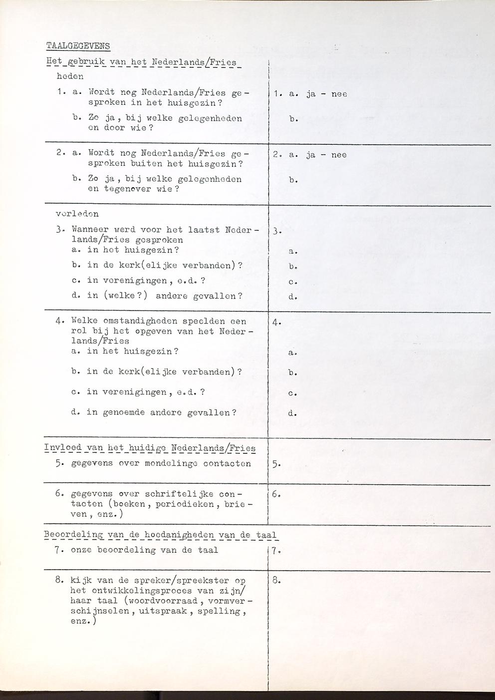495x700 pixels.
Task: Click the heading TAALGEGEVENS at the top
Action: pos(78,46)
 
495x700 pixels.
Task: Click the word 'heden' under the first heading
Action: pos(70,77)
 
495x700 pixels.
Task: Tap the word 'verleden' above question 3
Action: pos(77,214)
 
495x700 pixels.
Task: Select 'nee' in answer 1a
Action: pos(339,93)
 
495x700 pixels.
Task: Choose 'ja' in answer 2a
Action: pos(311,155)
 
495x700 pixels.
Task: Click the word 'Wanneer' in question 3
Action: pos(88,231)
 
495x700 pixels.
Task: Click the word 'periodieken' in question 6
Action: pos(185,504)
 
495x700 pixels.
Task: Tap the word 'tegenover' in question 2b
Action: pos(128,189)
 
